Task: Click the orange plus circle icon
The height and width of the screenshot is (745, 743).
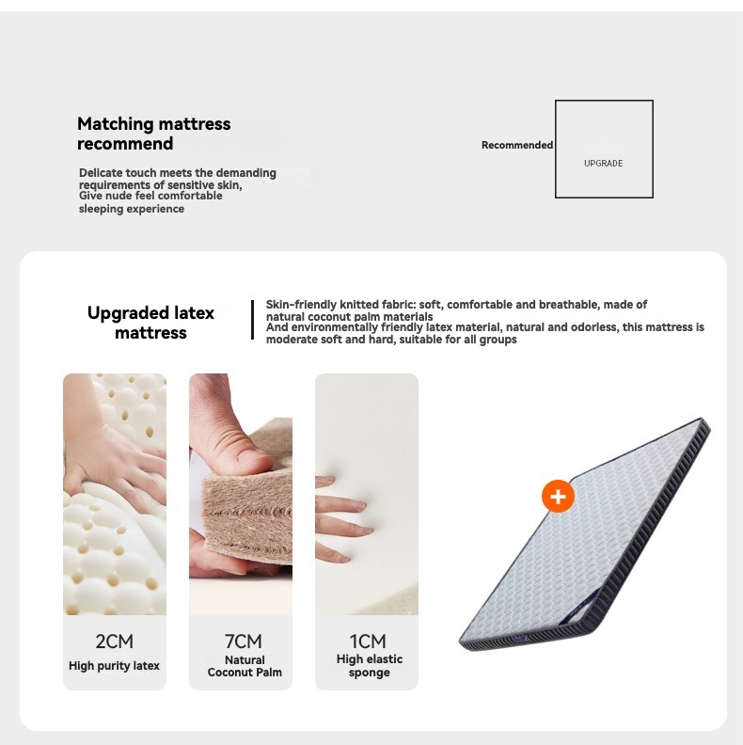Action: point(558,497)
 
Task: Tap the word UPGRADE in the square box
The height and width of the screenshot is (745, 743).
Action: point(603,164)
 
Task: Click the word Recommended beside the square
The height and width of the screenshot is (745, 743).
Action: point(517,145)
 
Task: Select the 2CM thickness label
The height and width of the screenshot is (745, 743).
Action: point(115,642)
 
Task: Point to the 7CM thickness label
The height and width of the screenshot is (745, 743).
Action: point(244,642)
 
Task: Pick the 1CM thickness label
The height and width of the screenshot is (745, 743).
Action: point(368,642)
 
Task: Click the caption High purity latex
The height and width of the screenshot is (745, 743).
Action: point(114,666)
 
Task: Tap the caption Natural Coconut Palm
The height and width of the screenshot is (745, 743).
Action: point(245,666)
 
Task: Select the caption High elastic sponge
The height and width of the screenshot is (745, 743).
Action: point(369,666)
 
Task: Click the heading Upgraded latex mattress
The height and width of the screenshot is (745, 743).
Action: point(150,323)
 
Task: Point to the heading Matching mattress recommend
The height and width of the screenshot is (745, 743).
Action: point(154,134)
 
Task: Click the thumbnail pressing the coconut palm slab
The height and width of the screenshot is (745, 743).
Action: point(241,494)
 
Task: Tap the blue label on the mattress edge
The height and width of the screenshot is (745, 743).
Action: point(520,640)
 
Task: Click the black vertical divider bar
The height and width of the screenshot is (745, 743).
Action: point(252,320)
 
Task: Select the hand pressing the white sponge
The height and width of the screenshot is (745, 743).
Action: point(342,518)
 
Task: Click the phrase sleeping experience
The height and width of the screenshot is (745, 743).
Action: point(132,209)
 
